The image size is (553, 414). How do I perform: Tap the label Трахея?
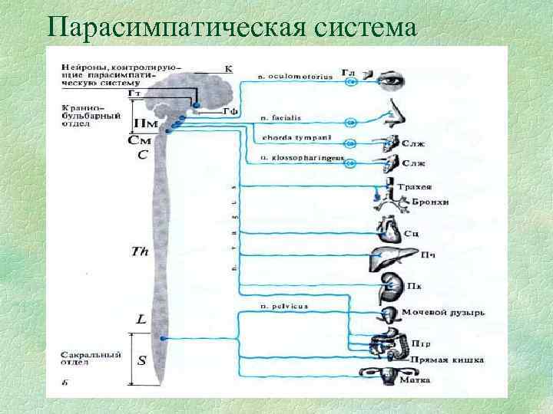pos(413,186)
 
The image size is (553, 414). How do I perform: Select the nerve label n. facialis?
pos(280,118)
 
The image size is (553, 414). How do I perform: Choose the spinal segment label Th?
pos(140,251)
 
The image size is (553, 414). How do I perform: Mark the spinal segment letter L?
pos(141,318)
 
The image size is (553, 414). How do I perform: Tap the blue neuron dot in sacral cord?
pos(164,338)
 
